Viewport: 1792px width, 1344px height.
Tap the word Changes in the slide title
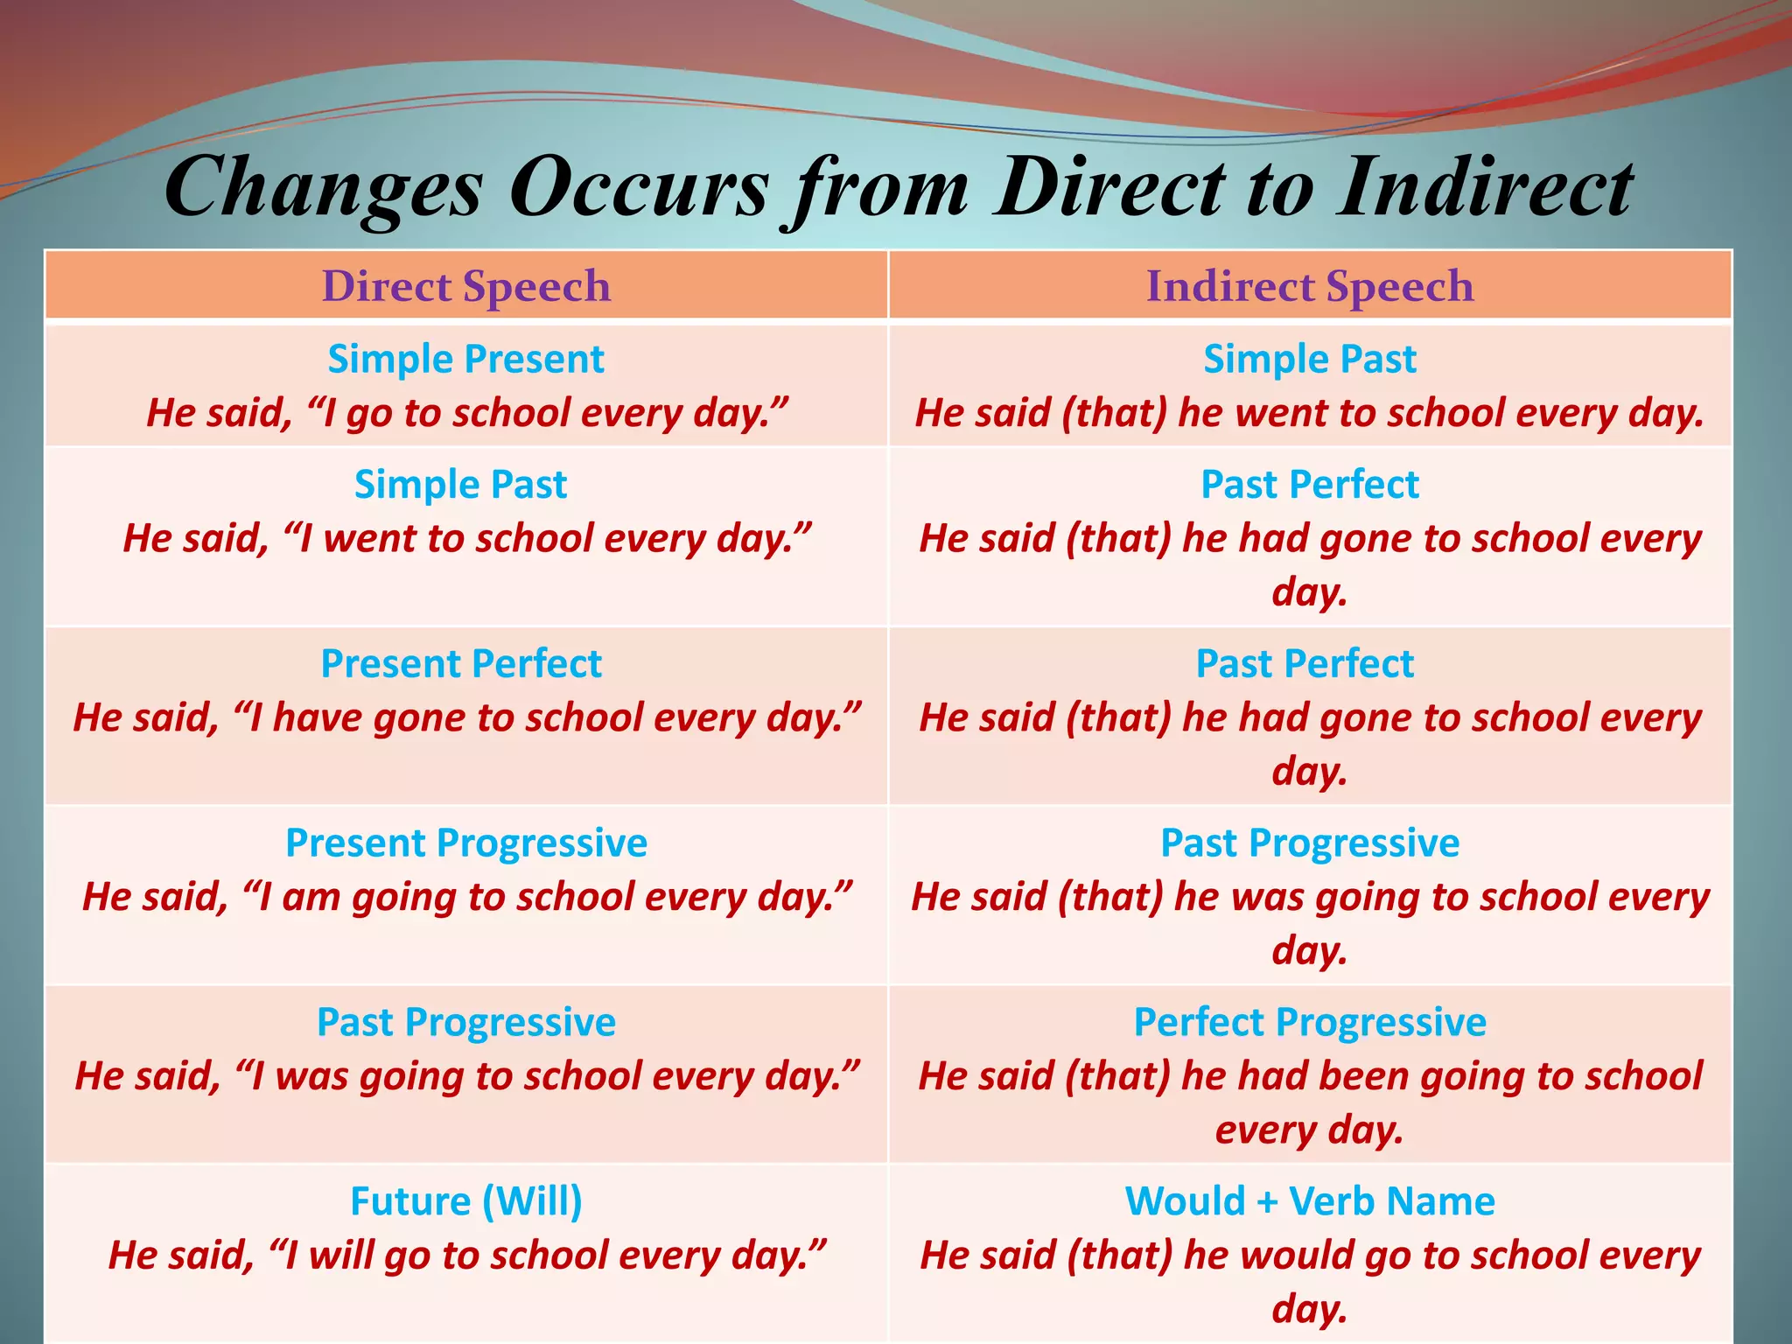(x=323, y=188)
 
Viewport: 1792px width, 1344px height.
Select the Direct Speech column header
(x=465, y=286)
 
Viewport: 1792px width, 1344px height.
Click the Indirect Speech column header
(x=1310, y=286)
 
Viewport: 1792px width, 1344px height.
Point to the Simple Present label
(x=465, y=359)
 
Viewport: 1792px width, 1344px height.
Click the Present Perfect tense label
(x=461, y=663)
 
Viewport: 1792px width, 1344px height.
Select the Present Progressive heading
(x=465, y=843)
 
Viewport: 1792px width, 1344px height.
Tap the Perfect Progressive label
(x=1310, y=1022)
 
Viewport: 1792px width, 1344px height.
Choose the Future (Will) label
(x=465, y=1200)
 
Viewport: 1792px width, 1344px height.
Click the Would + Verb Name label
(x=1310, y=1200)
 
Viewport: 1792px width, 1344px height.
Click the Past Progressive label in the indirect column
(x=1310, y=843)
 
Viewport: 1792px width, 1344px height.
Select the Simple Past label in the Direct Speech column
(x=460, y=484)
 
